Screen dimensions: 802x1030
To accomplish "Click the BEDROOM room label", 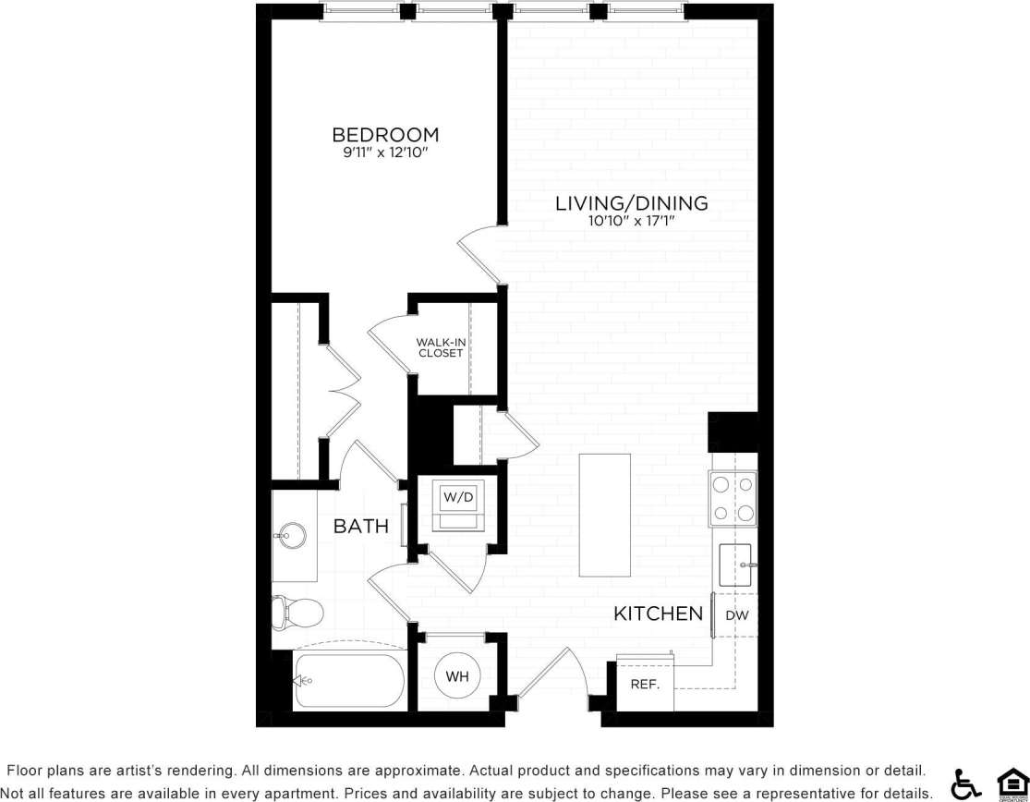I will [x=385, y=135].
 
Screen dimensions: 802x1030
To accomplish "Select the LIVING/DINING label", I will [x=631, y=203].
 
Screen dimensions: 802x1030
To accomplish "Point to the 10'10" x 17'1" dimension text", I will [x=631, y=221].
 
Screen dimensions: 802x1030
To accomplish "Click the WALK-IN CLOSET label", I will [x=441, y=347].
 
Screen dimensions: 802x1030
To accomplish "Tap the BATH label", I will [x=360, y=527].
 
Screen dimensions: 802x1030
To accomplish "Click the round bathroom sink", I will [x=293, y=535].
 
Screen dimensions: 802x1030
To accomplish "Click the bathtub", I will [x=349, y=682].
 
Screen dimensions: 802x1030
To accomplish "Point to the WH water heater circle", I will [x=457, y=677].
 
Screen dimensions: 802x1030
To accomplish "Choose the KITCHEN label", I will [x=659, y=614].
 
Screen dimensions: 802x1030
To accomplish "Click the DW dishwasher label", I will [x=736, y=615].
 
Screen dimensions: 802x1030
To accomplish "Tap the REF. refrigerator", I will [x=644, y=685].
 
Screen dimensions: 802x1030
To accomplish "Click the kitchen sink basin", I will [x=737, y=564].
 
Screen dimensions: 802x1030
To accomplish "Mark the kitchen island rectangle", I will [x=605, y=514].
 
